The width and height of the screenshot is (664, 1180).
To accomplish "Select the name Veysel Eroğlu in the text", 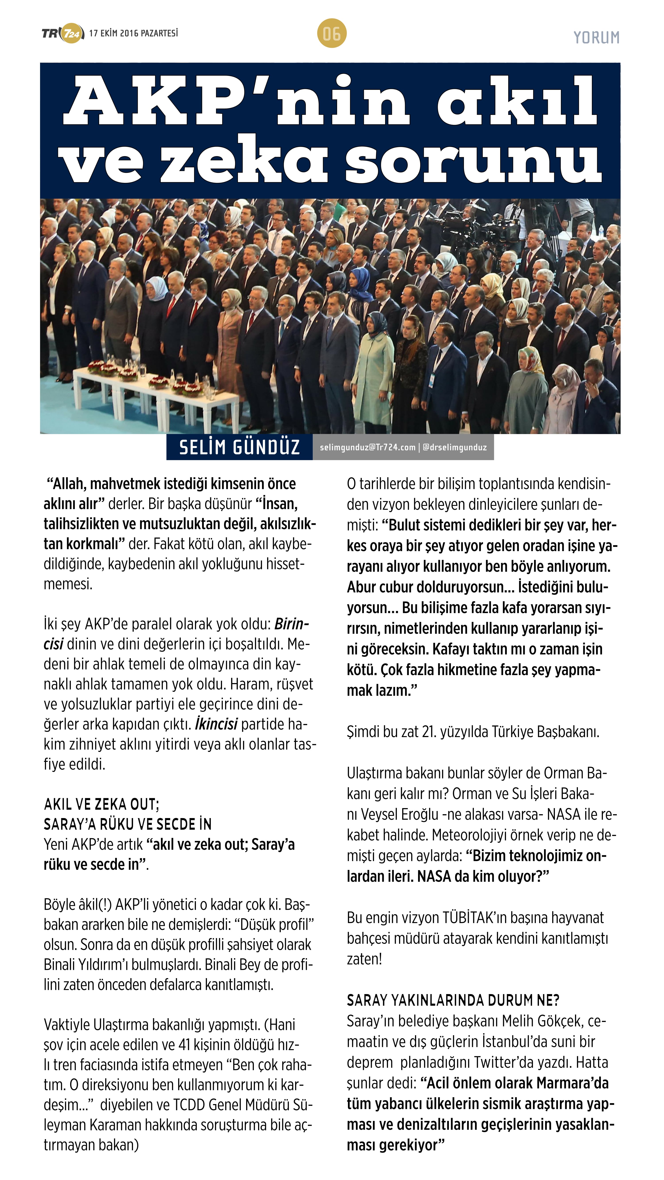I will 399,815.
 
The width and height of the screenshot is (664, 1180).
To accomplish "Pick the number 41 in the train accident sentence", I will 184,1045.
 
